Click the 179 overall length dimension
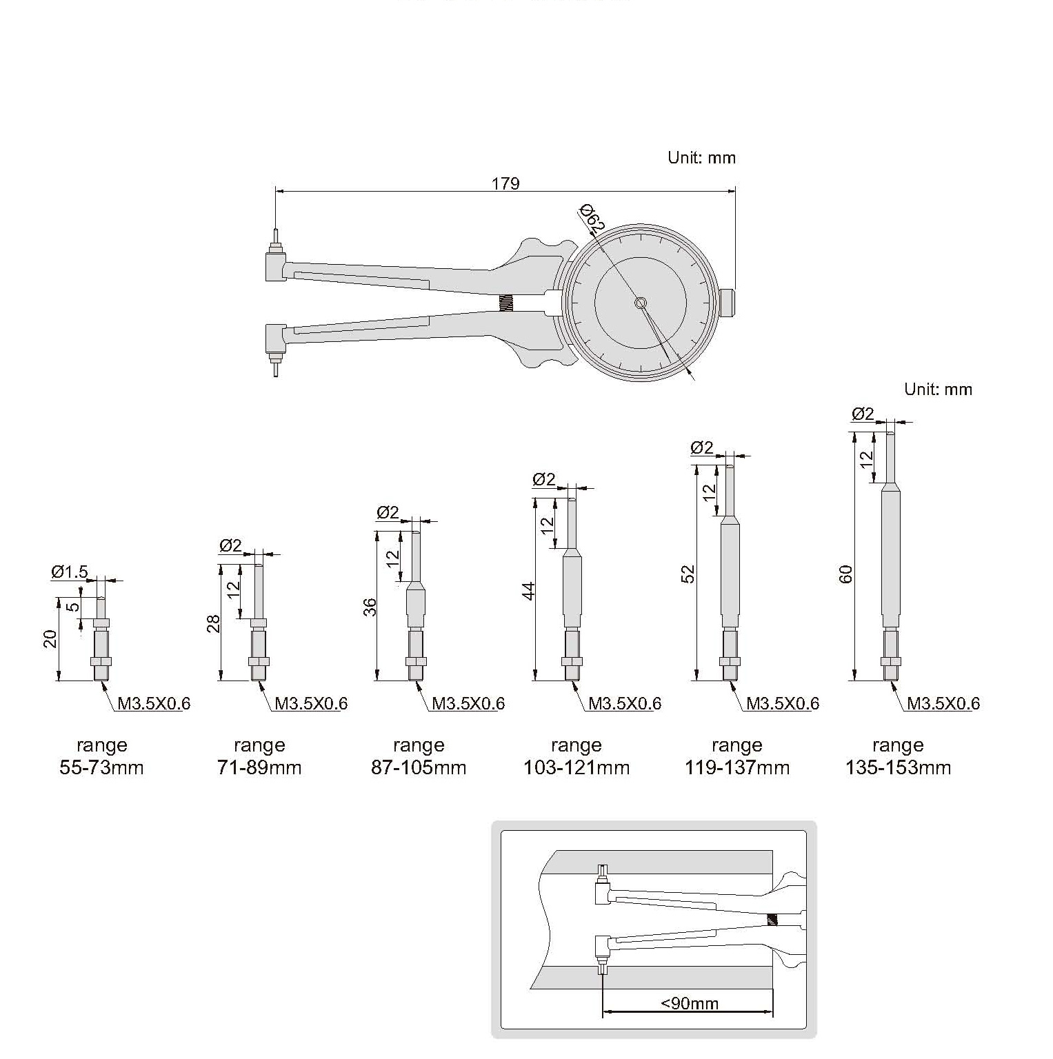[505, 184]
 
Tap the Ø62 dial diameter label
[592, 217]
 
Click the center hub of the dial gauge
[641, 303]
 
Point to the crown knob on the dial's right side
[728, 303]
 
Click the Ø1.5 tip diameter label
[70, 572]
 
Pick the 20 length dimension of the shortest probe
[50, 639]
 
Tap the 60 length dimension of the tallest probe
[846, 574]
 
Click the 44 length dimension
[528, 591]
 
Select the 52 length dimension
[688, 574]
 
